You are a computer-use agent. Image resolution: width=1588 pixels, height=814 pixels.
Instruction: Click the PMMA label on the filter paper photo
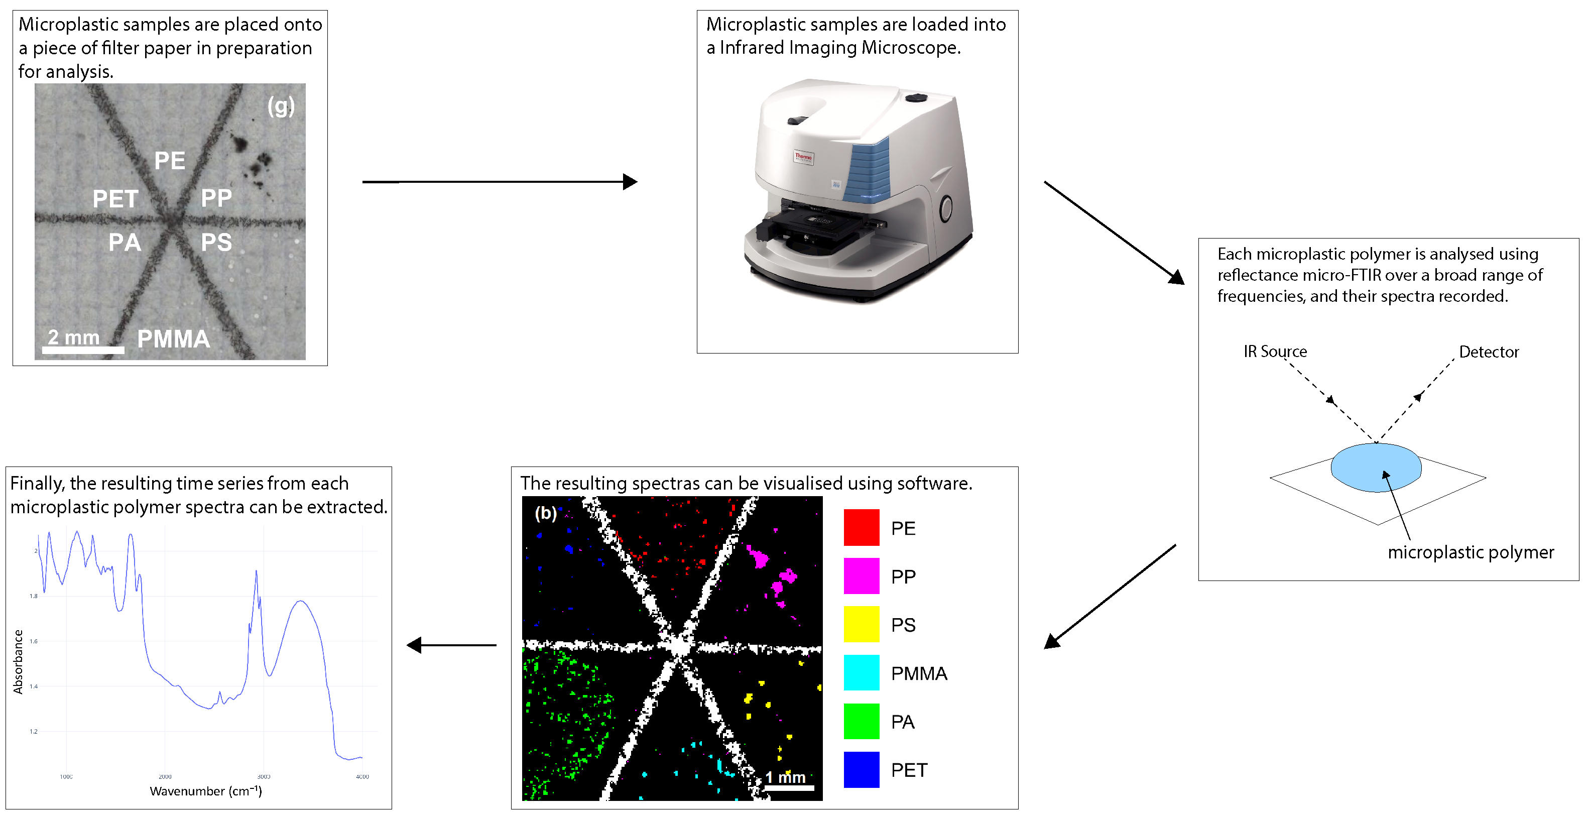click(x=173, y=338)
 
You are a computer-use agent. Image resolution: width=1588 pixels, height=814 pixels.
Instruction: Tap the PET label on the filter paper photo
click(x=115, y=199)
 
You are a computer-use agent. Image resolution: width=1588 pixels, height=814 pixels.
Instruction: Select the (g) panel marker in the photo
click(x=281, y=106)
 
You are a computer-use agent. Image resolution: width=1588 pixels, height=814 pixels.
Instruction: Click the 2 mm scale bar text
click(x=74, y=337)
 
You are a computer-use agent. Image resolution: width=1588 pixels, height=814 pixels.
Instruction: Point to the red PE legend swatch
click(x=861, y=527)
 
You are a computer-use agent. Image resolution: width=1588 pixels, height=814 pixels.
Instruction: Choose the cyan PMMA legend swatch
click(x=861, y=672)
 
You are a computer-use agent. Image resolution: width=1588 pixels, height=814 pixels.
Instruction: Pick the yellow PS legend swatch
click(x=861, y=624)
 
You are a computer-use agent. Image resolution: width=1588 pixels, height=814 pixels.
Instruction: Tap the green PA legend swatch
click(x=861, y=721)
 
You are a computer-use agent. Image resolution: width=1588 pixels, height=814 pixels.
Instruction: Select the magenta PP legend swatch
click(x=861, y=576)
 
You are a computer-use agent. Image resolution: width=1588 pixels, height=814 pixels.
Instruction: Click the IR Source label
click(x=1275, y=352)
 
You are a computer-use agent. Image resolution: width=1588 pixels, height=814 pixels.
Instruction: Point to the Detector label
click(x=1488, y=352)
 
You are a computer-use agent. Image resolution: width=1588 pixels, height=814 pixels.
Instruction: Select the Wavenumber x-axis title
click(x=206, y=791)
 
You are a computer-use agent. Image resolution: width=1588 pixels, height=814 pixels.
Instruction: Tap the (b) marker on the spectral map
click(x=546, y=513)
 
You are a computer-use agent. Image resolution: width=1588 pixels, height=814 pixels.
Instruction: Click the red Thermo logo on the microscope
click(x=803, y=157)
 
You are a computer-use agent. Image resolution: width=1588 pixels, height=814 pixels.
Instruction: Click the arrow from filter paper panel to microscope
click(x=500, y=182)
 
